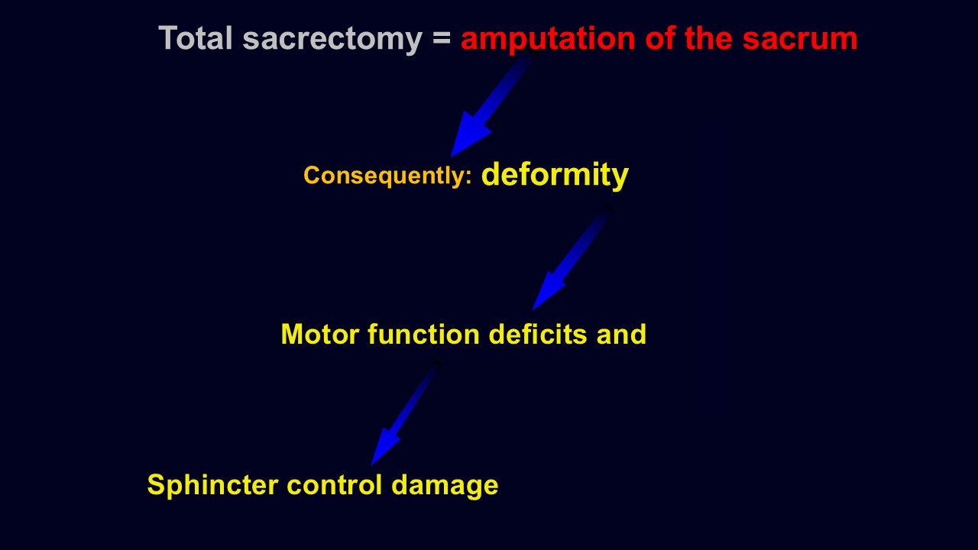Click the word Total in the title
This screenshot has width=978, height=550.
pos(195,38)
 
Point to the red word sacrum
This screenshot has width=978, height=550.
pos(800,39)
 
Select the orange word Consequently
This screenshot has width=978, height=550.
pos(384,176)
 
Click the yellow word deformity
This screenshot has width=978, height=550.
pos(555,175)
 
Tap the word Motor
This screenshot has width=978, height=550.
pos(320,335)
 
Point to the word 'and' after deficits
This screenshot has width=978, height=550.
pos(621,335)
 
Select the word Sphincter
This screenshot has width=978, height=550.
pos(212,485)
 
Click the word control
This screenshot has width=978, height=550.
pos(335,485)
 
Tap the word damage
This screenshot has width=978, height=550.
pos(445,487)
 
